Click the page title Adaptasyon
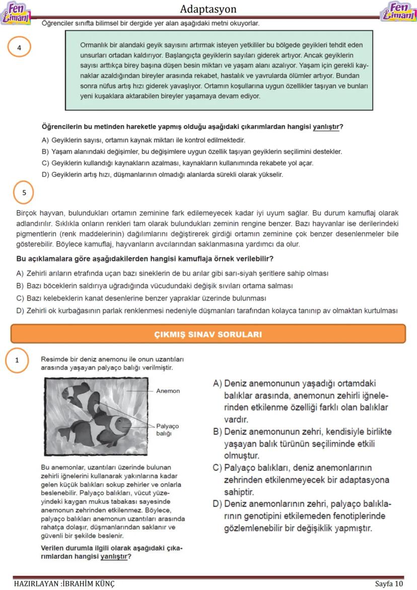tap(208, 9)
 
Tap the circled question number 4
tap(19, 48)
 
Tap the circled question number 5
tap(24, 192)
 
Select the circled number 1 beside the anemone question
tap(17, 360)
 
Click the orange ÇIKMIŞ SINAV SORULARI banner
tap(208, 334)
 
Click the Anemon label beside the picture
tap(168, 391)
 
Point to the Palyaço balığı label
tap(167, 429)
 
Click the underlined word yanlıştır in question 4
tap(326, 127)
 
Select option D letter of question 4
tap(45, 175)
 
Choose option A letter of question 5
tap(20, 274)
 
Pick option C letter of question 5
tap(20, 298)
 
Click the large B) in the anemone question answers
tap(218, 432)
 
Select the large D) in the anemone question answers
tap(218, 504)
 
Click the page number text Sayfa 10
tap(389, 583)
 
